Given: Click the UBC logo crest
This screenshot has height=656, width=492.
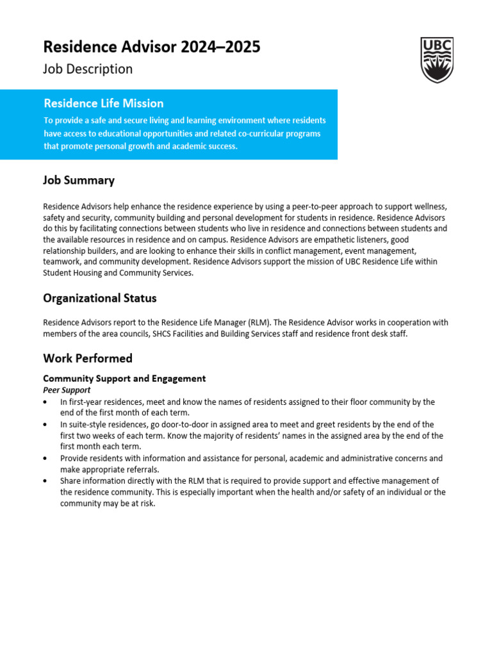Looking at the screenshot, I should pos(437,60).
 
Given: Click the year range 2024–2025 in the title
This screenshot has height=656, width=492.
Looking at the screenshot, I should pos(220,47).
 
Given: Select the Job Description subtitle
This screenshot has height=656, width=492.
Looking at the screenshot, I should pos(88,69).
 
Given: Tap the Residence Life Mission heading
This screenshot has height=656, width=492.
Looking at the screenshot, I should pos(103,103).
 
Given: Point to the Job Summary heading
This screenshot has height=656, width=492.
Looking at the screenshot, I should pos(79,180).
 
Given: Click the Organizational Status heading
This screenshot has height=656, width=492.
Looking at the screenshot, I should pos(99,298).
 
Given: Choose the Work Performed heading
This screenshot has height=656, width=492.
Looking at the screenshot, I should pos(88,358).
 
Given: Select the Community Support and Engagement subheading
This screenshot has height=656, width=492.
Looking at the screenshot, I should pos(124,379).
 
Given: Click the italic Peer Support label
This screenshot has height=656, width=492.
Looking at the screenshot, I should pos(67,389).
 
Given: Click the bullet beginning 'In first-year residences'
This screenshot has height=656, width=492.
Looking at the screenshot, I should pos(45,402).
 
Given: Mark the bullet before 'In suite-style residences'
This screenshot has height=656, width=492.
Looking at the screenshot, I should pos(45,425).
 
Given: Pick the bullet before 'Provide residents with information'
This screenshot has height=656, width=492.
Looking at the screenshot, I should pos(45,459).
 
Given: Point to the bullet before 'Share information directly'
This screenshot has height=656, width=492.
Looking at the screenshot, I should pos(45,481).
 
